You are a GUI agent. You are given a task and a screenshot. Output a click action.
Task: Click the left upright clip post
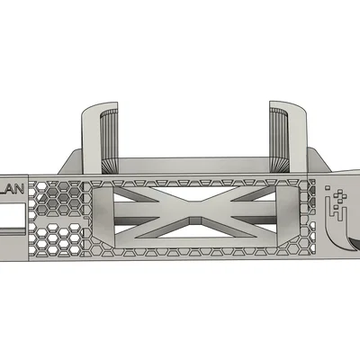[94, 135]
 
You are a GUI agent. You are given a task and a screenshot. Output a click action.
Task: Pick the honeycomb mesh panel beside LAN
[56, 220]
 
